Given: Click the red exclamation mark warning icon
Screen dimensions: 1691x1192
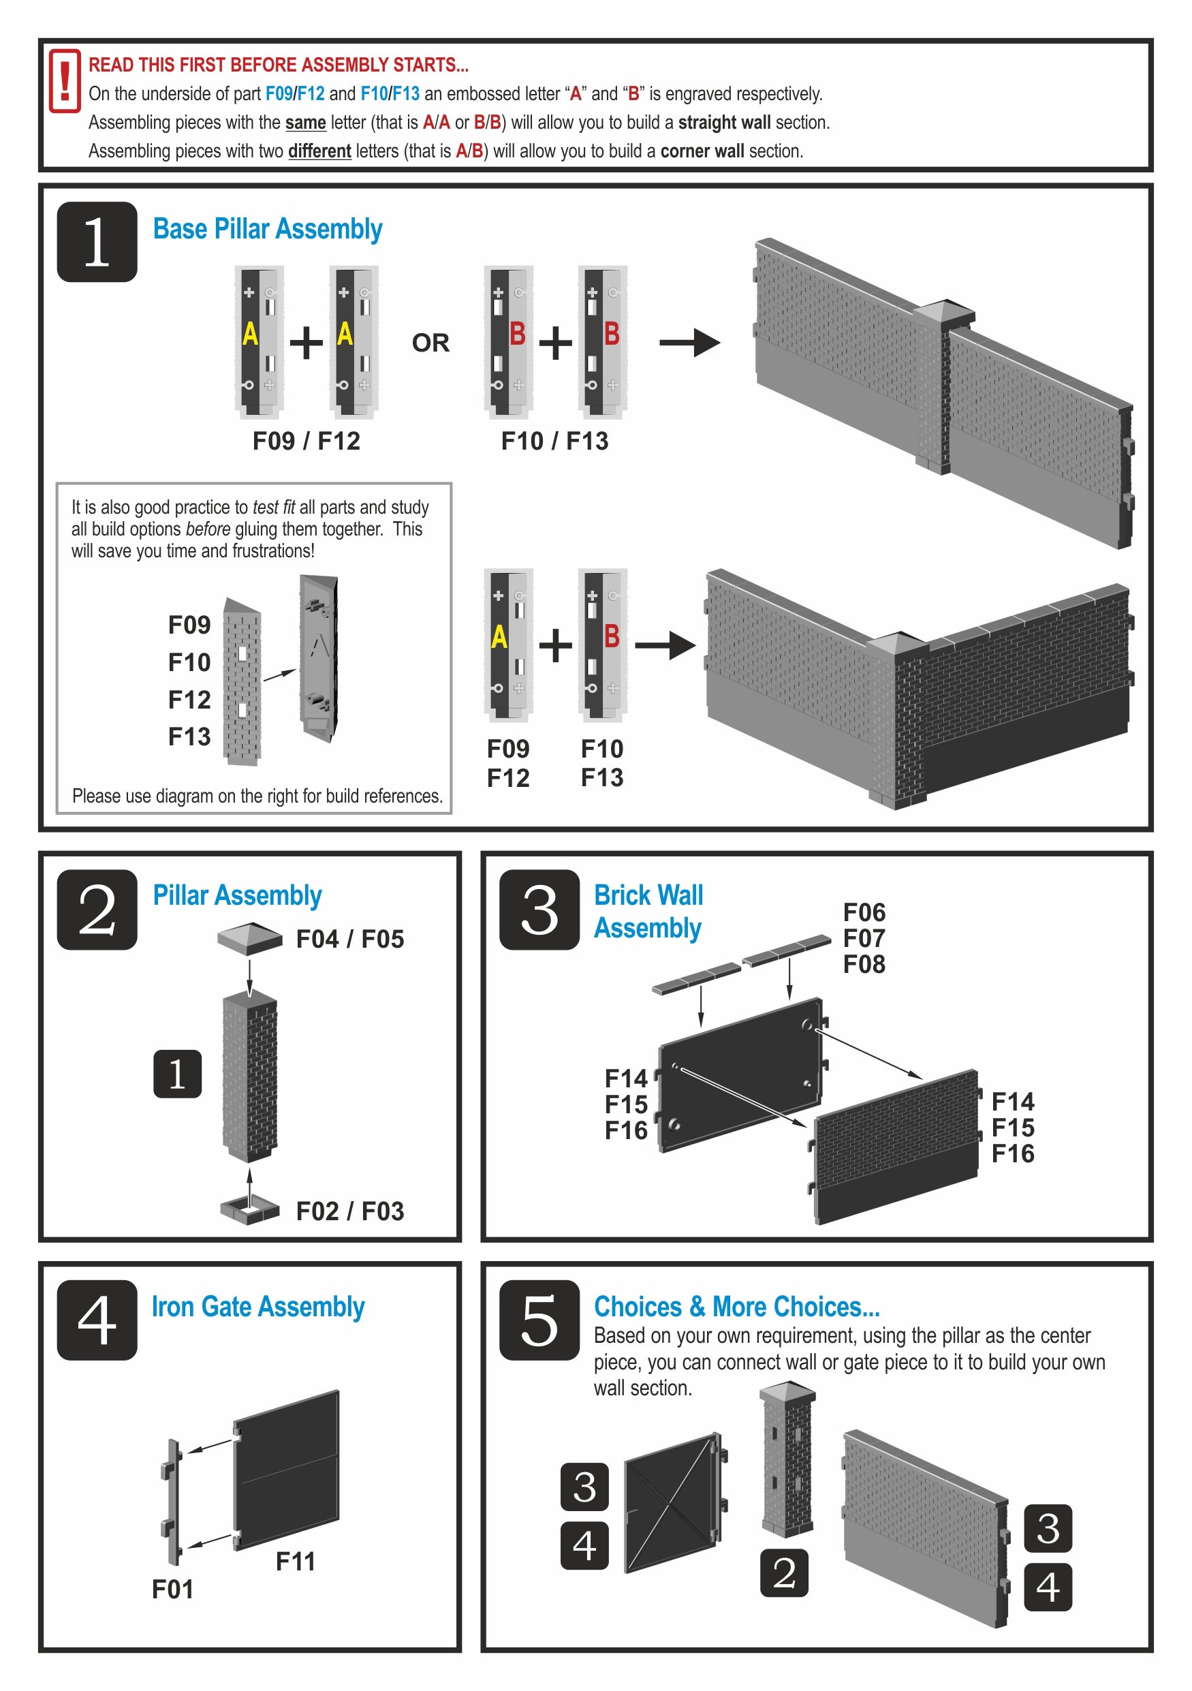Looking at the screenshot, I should (x=65, y=81).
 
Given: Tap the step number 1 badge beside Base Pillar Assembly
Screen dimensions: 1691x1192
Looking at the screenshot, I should (x=97, y=242).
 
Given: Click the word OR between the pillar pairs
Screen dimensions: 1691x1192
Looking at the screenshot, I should (x=430, y=343).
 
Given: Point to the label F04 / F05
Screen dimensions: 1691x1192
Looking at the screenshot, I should (x=349, y=939).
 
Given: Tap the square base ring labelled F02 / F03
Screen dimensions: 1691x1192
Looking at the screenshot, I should (x=249, y=1209).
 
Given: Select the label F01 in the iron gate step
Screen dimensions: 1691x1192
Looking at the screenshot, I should (x=172, y=1589).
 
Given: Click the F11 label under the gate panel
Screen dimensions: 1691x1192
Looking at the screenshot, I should (x=295, y=1561).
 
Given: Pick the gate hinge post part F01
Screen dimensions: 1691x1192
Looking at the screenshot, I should (x=174, y=1502).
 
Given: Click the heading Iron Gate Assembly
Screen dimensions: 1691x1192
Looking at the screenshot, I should (x=257, y=1307).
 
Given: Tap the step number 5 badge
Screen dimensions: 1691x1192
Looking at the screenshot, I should (x=539, y=1320).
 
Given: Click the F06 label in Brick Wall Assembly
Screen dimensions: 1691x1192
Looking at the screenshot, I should (x=864, y=912).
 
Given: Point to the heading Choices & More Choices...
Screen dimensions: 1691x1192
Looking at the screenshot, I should (x=736, y=1307).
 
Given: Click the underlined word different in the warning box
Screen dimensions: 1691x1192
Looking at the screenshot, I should (x=319, y=151).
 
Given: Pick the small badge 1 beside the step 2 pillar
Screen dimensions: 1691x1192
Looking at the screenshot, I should (x=178, y=1074).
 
